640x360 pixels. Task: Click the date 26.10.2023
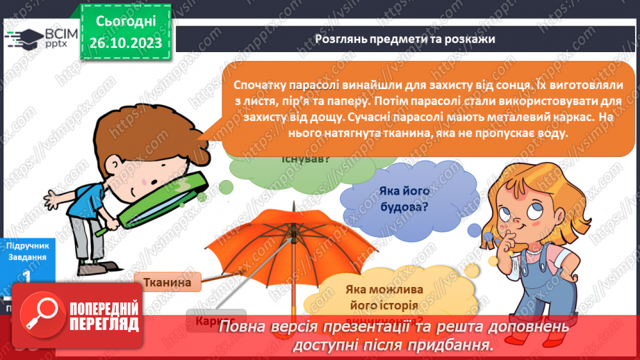(126, 43)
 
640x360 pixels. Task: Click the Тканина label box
(167, 281)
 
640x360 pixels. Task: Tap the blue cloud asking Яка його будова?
(402, 199)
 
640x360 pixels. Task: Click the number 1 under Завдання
(26, 276)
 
